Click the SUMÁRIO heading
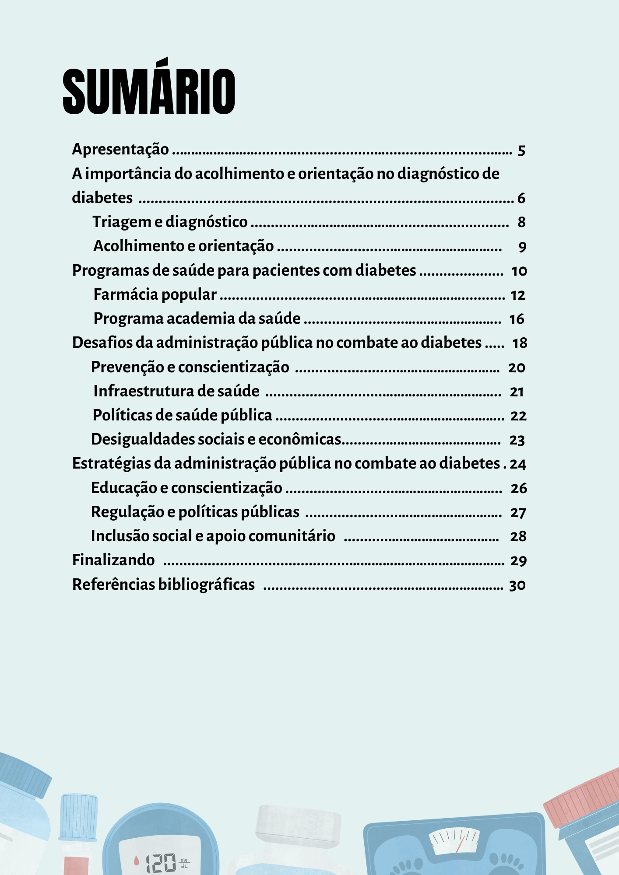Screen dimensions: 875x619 point(149,91)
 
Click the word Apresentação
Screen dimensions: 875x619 point(120,150)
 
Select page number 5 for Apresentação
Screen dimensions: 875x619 point(521,151)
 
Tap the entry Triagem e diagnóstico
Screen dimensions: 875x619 point(170,222)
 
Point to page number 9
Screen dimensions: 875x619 point(522,247)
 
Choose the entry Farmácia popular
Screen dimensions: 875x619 point(155,295)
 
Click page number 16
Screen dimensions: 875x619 point(517,319)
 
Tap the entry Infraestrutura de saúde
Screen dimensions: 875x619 point(176,391)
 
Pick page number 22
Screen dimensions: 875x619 point(518,416)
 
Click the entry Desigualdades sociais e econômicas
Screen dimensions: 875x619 point(216,439)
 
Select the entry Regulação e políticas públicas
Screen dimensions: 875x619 point(195,512)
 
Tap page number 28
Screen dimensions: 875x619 point(518,536)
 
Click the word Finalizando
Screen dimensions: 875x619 point(113,560)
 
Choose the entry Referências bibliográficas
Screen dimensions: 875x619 point(163,584)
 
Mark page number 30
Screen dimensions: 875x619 point(517,585)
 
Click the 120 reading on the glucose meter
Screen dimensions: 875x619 point(161,863)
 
